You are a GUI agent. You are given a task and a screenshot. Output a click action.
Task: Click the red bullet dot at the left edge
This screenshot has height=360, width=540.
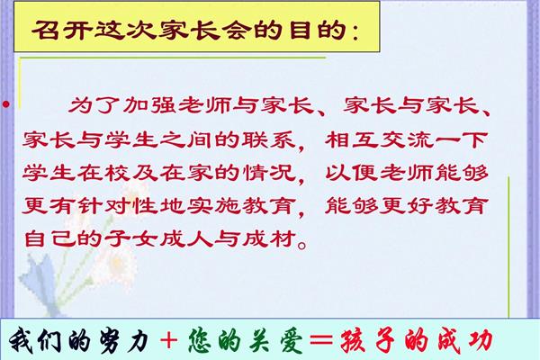pyautogui.click(x=6, y=103)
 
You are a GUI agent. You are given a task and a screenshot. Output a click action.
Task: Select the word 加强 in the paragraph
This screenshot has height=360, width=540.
pyautogui.click(x=149, y=104)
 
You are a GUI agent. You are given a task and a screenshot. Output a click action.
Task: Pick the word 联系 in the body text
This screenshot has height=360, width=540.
pyautogui.click(x=268, y=139)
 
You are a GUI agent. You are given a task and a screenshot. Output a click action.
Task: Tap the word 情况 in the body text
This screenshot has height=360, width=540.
pyautogui.click(x=268, y=172)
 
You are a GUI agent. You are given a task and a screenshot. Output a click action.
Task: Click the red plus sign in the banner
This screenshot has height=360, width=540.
pyautogui.click(x=169, y=341)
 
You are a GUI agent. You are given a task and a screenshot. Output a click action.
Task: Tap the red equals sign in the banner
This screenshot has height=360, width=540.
pyautogui.click(x=321, y=341)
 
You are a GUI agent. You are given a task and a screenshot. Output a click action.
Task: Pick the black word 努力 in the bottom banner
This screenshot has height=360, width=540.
pyautogui.click(x=124, y=341)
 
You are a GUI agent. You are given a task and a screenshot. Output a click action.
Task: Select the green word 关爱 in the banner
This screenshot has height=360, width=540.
pyautogui.click(x=275, y=341)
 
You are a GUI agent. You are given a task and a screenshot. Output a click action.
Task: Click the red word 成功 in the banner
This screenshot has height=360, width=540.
pyautogui.click(x=465, y=341)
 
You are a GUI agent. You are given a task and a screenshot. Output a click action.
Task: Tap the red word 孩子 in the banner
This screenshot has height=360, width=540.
pyautogui.click(x=367, y=341)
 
